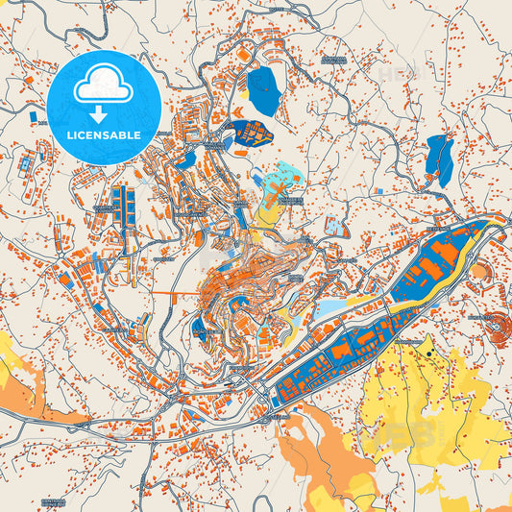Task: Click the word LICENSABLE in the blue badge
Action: [x=104, y=136]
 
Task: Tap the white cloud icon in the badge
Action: [x=103, y=87]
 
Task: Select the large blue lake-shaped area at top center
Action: [x=262, y=91]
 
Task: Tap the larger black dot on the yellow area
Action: [x=427, y=354]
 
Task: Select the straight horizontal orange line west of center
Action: [x=178, y=291]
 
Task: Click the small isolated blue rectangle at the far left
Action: [x=33, y=117]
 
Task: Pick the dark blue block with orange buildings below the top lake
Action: [x=252, y=133]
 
